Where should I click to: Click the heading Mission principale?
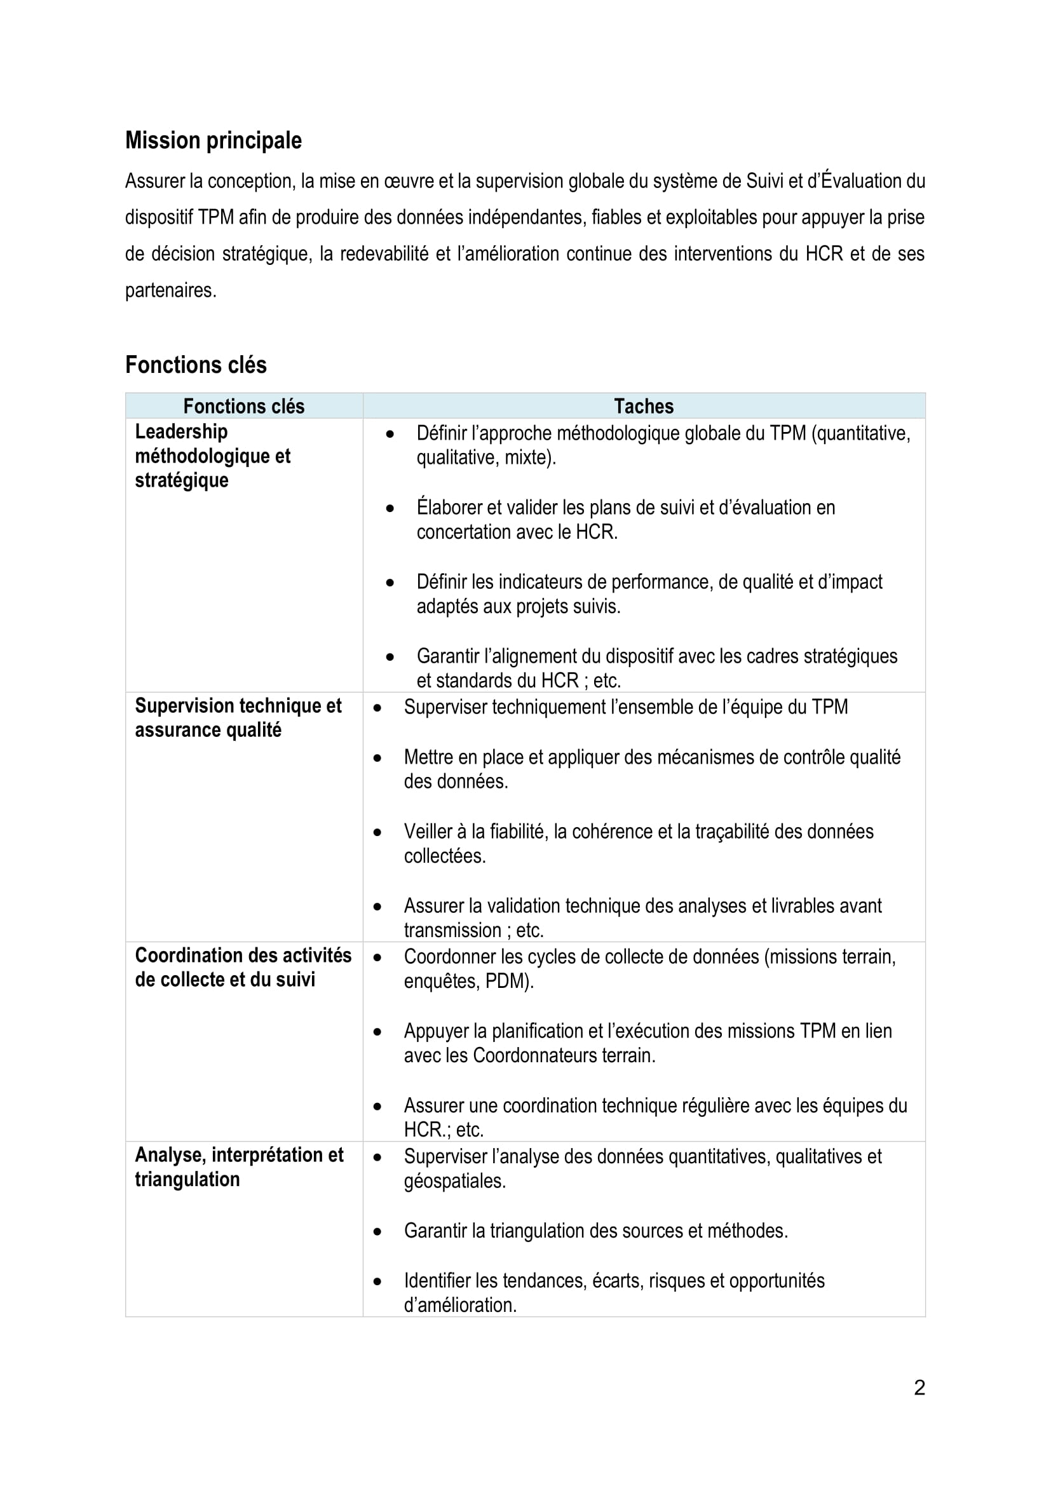[x=213, y=140]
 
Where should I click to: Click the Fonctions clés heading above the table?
[x=196, y=365]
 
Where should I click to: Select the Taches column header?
[x=643, y=407]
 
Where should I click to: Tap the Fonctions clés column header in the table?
[x=243, y=407]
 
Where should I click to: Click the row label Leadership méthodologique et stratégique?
[x=213, y=456]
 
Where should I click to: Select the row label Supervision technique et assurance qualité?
[x=238, y=718]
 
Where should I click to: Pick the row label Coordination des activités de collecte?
[x=243, y=968]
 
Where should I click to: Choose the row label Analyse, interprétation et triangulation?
[x=239, y=1167]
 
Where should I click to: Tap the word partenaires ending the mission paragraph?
[x=170, y=290]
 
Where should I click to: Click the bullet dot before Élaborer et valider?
[x=390, y=509]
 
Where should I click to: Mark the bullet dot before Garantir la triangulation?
[x=377, y=1232]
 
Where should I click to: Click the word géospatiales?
[x=454, y=1181]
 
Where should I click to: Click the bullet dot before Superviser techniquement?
[x=377, y=708]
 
